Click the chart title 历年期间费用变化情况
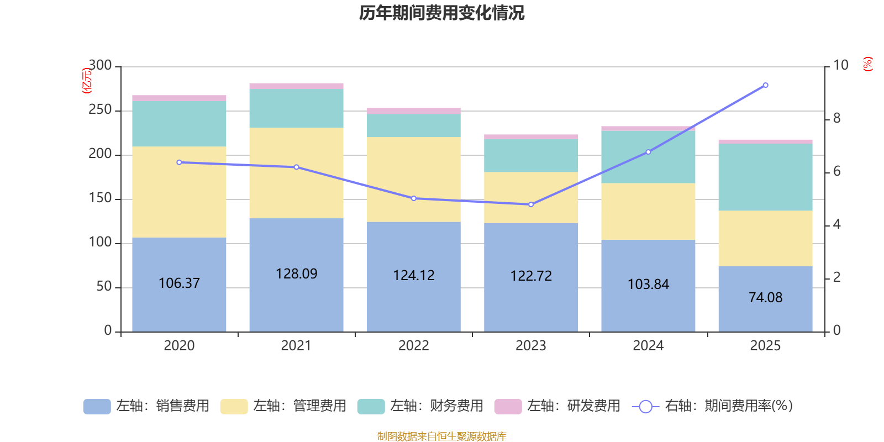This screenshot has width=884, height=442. (441, 13)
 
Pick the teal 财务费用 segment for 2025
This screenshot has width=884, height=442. (765, 177)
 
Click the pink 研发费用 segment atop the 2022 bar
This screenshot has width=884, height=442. (413, 110)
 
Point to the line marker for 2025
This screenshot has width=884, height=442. (765, 85)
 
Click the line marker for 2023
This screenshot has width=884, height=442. (531, 204)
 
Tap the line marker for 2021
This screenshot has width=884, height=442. (296, 167)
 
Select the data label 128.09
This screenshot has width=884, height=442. (296, 274)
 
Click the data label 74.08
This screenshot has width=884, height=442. (765, 298)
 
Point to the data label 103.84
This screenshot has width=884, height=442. (648, 285)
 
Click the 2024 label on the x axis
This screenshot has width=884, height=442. (648, 346)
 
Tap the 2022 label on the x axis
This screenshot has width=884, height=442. (413, 346)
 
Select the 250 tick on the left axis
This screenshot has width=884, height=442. (100, 110)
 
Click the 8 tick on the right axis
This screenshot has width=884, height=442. (836, 118)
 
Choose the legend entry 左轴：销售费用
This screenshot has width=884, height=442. (146, 406)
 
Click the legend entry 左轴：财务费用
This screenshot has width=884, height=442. (420, 406)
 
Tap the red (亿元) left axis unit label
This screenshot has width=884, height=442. (87, 81)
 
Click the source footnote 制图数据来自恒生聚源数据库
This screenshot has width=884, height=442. (441, 436)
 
